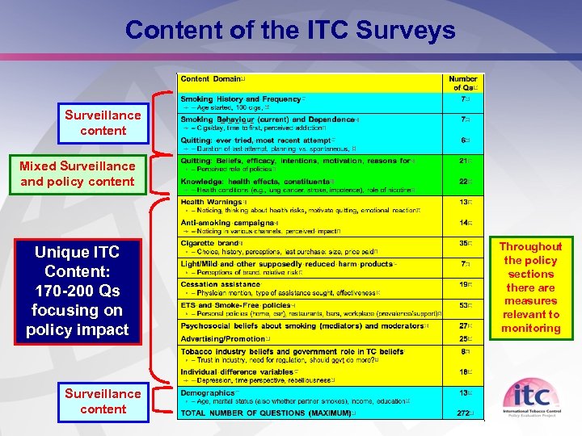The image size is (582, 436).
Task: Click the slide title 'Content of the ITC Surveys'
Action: (290, 31)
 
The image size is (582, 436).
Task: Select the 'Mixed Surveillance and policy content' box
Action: (78, 174)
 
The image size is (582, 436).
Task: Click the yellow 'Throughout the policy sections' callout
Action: (530, 287)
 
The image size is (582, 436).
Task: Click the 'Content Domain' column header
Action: (210, 79)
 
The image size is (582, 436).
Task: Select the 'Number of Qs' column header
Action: (463, 83)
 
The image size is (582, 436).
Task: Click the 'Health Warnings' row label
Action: (212, 202)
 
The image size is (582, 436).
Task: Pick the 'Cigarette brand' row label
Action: (210, 243)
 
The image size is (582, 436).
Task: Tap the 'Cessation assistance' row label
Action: (219, 284)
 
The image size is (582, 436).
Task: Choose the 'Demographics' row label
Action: (208, 392)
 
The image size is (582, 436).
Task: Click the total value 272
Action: (463, 413)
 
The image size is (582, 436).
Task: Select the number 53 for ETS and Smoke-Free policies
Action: (464, 306)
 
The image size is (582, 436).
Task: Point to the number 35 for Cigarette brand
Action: (464, 243)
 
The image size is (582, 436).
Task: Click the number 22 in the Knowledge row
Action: (464, 182)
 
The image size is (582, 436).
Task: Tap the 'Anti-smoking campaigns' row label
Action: (228, 223)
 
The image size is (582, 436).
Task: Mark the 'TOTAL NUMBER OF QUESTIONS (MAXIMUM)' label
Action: (266, 413)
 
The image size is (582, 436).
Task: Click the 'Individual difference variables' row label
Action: (237, 372)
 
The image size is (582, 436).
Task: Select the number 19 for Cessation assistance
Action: (464, 284)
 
